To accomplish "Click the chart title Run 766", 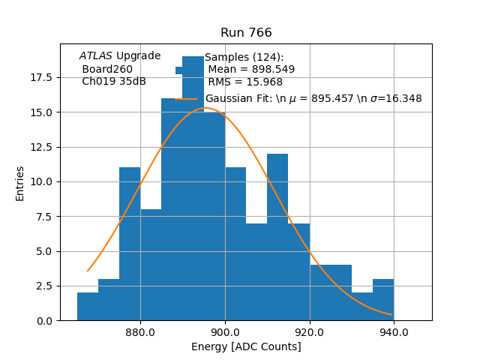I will point(246,33).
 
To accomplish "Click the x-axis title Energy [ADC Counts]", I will point(246,346).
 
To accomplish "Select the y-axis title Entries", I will point(20,183).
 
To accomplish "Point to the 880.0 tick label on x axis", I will point(140,332).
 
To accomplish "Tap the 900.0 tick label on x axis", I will point(225,332).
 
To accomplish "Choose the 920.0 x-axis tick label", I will point(309,332).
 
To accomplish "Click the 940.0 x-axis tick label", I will point(394,332).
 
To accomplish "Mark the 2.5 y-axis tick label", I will point(43,286).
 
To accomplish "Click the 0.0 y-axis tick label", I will point(43,320).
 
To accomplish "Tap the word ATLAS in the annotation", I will point(96,55).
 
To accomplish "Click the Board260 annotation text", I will point(107,69).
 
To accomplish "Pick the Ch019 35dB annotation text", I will point(114,81).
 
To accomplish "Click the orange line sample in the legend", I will point(186,98).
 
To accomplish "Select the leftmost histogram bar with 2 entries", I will point(88,307).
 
